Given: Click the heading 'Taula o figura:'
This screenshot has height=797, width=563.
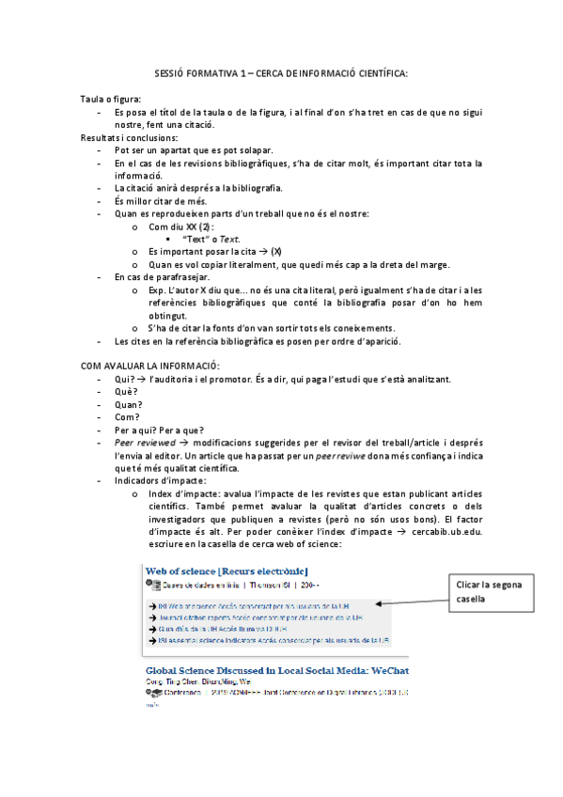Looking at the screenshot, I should (x=111, y=99).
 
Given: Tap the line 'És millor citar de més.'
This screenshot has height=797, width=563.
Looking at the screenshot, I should (x=167, y=200).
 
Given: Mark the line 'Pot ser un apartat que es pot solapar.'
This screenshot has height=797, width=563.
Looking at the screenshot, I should (x=194, y=150).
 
